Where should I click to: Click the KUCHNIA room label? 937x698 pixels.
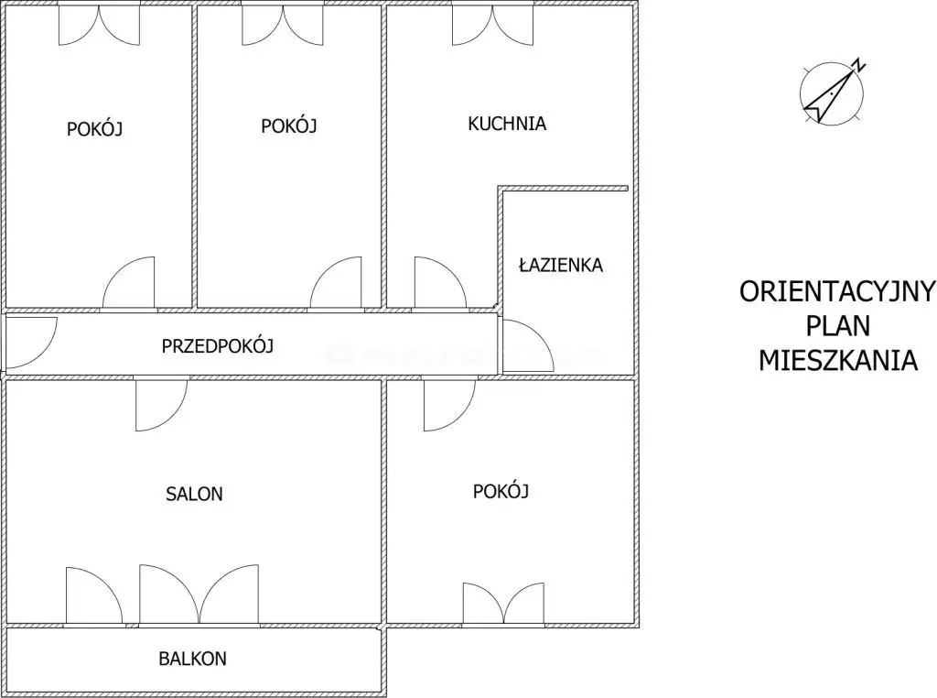click(507, 124)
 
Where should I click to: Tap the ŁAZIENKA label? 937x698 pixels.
click(561, 265)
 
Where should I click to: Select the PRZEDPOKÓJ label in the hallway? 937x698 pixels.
click(218, 345)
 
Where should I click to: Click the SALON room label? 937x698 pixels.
click(194, 494)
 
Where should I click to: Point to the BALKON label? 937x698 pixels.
click(192, 659)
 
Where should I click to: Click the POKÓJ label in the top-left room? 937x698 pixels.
click(94, 128)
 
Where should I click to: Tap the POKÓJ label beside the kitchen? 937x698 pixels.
click(288, 125)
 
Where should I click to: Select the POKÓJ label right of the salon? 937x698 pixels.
click(501, 491)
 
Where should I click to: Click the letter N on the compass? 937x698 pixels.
click(859, 66)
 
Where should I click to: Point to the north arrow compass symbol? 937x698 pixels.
click(831, 94)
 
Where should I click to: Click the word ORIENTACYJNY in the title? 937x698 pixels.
click(837, 292)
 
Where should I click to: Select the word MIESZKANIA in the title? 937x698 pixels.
click(838, 361)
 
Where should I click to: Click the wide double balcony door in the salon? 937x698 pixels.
click(199, 594)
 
